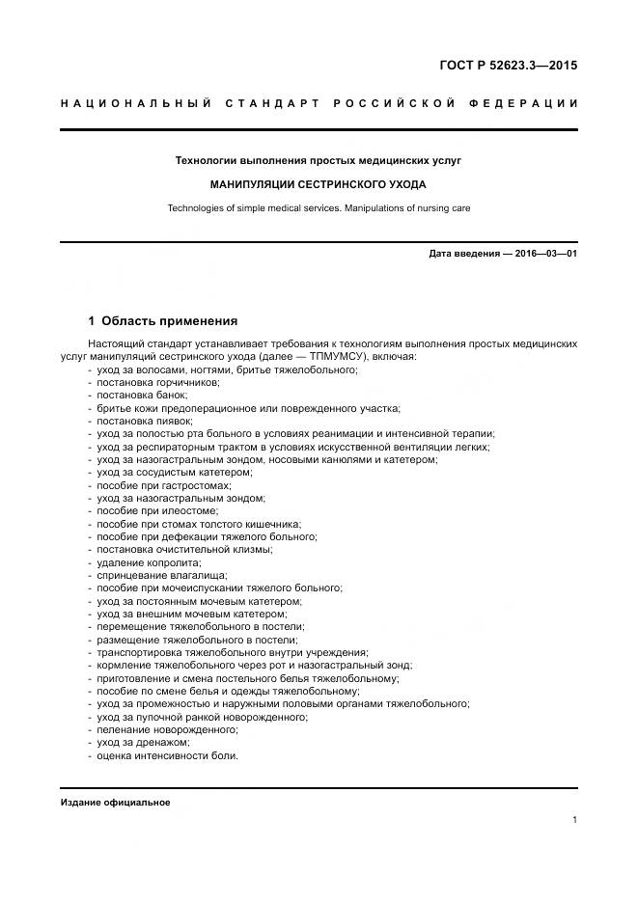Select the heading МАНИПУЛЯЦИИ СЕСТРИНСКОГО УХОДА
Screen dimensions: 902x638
click(x=318, y=183)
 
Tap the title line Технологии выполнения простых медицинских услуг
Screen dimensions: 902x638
click(x=318, y=159)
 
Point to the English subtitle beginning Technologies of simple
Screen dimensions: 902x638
click(x=318, y=206)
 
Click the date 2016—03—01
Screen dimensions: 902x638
click(x=542, y=254)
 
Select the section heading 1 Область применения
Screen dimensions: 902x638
click(x=162, y=321)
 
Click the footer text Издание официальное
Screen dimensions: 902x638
click(x=115, y=803)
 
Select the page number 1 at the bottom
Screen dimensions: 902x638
click(x=574, y=820)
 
